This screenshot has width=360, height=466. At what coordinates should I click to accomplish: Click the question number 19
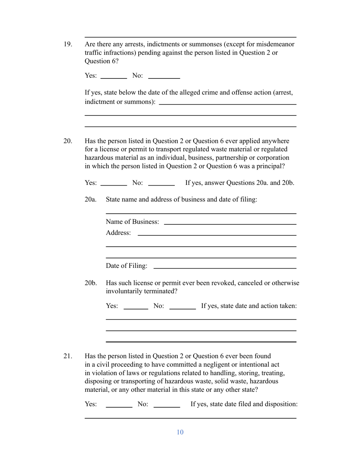67,44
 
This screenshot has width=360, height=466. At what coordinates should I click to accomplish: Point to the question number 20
67,141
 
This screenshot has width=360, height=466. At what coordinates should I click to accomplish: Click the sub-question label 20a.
91,200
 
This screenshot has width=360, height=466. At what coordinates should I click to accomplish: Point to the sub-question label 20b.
91,283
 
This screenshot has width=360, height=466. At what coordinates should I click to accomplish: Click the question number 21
67,356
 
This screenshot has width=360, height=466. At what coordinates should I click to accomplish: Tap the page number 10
180,432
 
